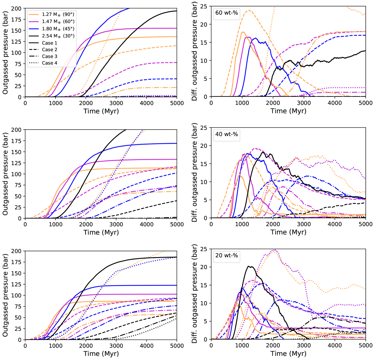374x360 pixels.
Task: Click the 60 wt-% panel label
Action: [x=227, y=14]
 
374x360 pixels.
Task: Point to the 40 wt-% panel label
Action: [x=227, y=134]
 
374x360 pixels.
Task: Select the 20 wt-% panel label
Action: [x=227, y=255]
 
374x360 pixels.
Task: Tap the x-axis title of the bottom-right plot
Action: [x=288, y=354]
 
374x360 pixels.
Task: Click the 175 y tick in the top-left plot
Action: [x=16, y=19]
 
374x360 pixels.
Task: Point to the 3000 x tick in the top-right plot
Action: [x=304, y=103]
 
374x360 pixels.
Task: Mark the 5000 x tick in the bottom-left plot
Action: [x=177, y=346]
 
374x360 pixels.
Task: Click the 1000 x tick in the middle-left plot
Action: [x=55, y=224]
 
